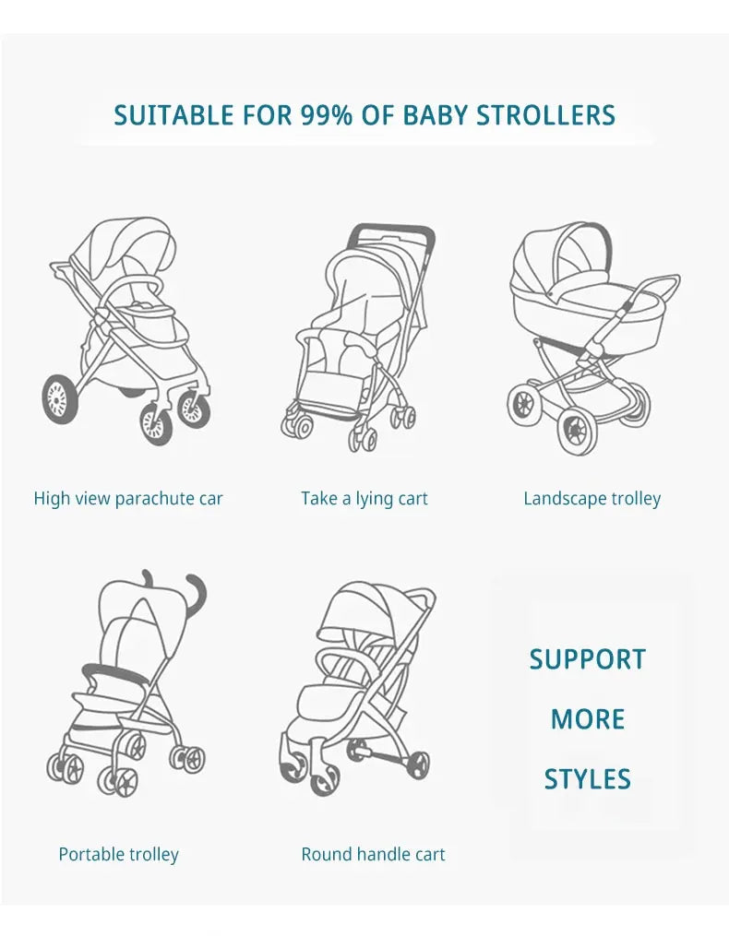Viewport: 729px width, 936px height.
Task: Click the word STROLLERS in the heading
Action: [545, 115]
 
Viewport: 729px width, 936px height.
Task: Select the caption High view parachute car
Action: [128, 499]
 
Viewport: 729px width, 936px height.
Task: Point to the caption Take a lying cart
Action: [364, 499]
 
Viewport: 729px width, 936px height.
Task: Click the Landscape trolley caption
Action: [592, 499]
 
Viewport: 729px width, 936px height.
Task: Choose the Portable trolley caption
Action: [118, 854]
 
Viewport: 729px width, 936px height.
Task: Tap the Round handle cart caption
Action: [373, 854]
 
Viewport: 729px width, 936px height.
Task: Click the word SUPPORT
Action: [588, 659]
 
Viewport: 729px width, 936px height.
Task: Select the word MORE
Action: [588, 719]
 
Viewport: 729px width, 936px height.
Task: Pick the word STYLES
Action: [588, 779]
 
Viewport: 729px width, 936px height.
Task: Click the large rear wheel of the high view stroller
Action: [60, 399]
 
